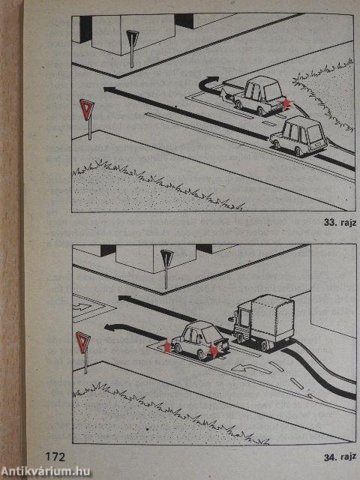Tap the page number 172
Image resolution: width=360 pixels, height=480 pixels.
54,457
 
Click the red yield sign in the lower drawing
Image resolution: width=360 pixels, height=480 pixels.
83,343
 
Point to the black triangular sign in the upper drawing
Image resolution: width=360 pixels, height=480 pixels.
133,39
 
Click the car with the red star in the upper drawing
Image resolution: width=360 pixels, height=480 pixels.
259,96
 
